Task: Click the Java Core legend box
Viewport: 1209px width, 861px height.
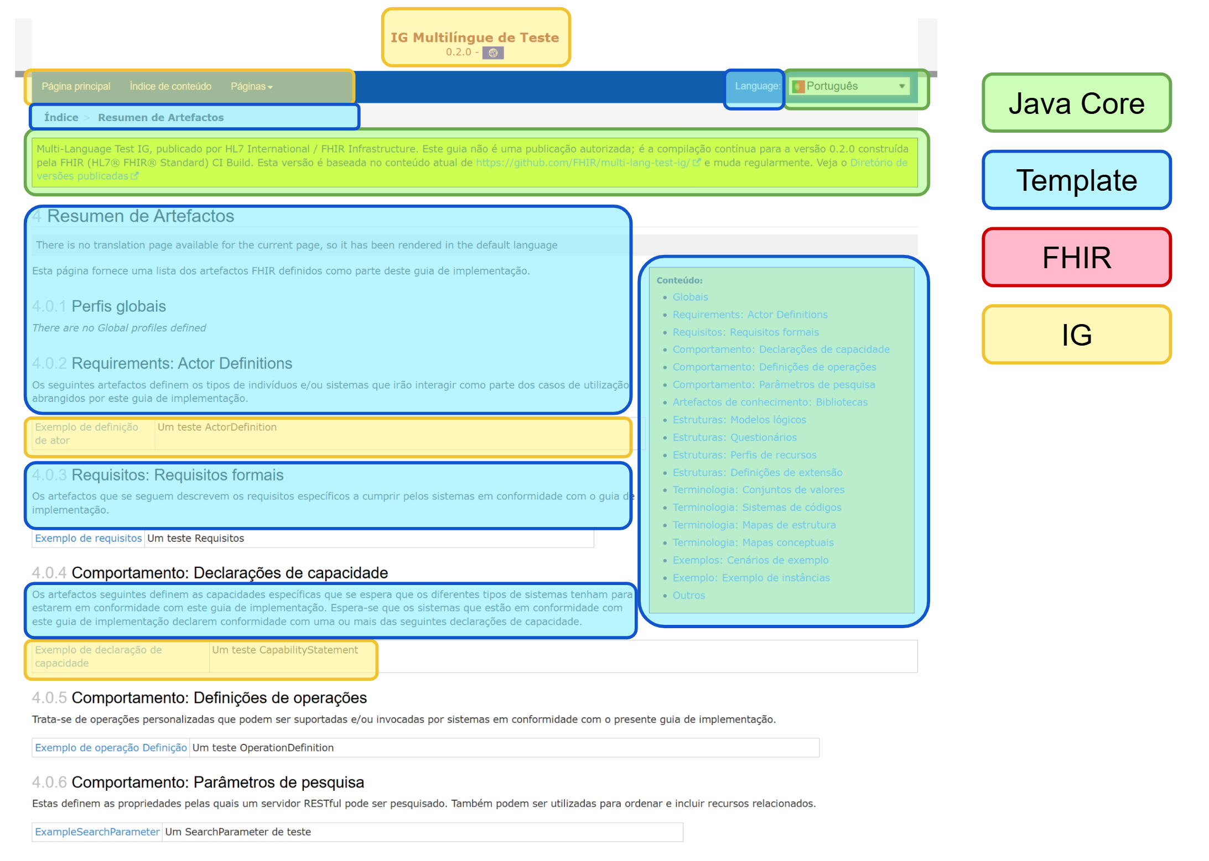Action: point(1076,103)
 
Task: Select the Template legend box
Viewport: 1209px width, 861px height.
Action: point(1076,180)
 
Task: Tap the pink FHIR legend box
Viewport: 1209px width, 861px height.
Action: point(1076,258)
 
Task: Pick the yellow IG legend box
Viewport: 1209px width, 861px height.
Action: point(1076,335)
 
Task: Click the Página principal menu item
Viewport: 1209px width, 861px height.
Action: point(76,86)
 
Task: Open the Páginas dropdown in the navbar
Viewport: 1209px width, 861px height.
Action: point(251,86)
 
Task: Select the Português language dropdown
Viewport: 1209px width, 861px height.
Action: point(850,86)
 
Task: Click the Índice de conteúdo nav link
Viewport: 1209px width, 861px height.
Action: point(170,86)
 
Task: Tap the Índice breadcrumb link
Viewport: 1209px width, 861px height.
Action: point(61,117)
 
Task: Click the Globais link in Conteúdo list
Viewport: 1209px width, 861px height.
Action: point(690,297)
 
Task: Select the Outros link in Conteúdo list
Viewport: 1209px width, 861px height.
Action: point(688,595)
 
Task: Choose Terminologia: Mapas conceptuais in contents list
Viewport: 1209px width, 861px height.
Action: point(753,542)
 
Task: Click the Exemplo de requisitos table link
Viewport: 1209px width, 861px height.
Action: point(89,538)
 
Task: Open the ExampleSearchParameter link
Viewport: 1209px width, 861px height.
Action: point(97,832)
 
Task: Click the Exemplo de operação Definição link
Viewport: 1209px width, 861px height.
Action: point(111,748)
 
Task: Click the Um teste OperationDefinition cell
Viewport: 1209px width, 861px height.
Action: point(263,748)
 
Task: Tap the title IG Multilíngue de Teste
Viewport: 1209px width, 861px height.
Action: point(475,38)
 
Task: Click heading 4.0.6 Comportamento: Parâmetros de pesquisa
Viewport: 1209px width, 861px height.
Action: point(217,782)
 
